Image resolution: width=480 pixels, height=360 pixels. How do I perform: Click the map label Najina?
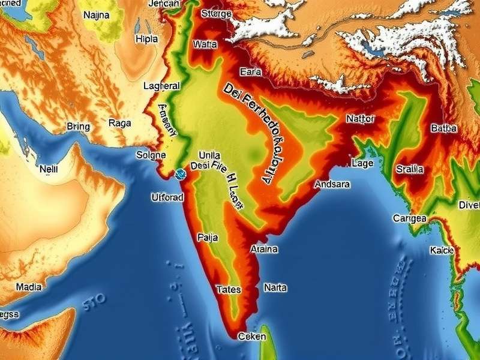96,15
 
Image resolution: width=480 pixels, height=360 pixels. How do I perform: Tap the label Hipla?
146,39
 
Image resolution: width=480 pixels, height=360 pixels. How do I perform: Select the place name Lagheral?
161,86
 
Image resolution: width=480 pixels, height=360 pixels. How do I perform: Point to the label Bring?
78,127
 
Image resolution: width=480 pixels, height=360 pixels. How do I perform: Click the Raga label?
120,123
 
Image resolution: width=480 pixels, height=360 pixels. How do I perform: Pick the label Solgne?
150,155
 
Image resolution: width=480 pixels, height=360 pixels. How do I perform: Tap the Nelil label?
49,169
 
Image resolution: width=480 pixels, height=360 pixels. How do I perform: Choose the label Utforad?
167,197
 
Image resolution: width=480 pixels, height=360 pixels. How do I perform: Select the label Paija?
207,238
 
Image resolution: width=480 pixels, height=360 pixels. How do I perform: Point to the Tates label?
228,290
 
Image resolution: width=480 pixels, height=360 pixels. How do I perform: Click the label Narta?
275,288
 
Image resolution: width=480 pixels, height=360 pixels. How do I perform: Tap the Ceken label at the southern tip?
251,337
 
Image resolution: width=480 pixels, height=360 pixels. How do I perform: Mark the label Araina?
263,249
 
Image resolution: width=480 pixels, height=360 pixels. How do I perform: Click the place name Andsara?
332,184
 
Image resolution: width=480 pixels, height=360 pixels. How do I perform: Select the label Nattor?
360,119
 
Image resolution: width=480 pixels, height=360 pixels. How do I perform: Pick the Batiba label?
444,128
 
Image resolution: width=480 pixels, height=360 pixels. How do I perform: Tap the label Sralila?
410,170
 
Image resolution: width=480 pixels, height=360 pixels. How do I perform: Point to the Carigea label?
409,218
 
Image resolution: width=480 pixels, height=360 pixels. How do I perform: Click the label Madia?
28,287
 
